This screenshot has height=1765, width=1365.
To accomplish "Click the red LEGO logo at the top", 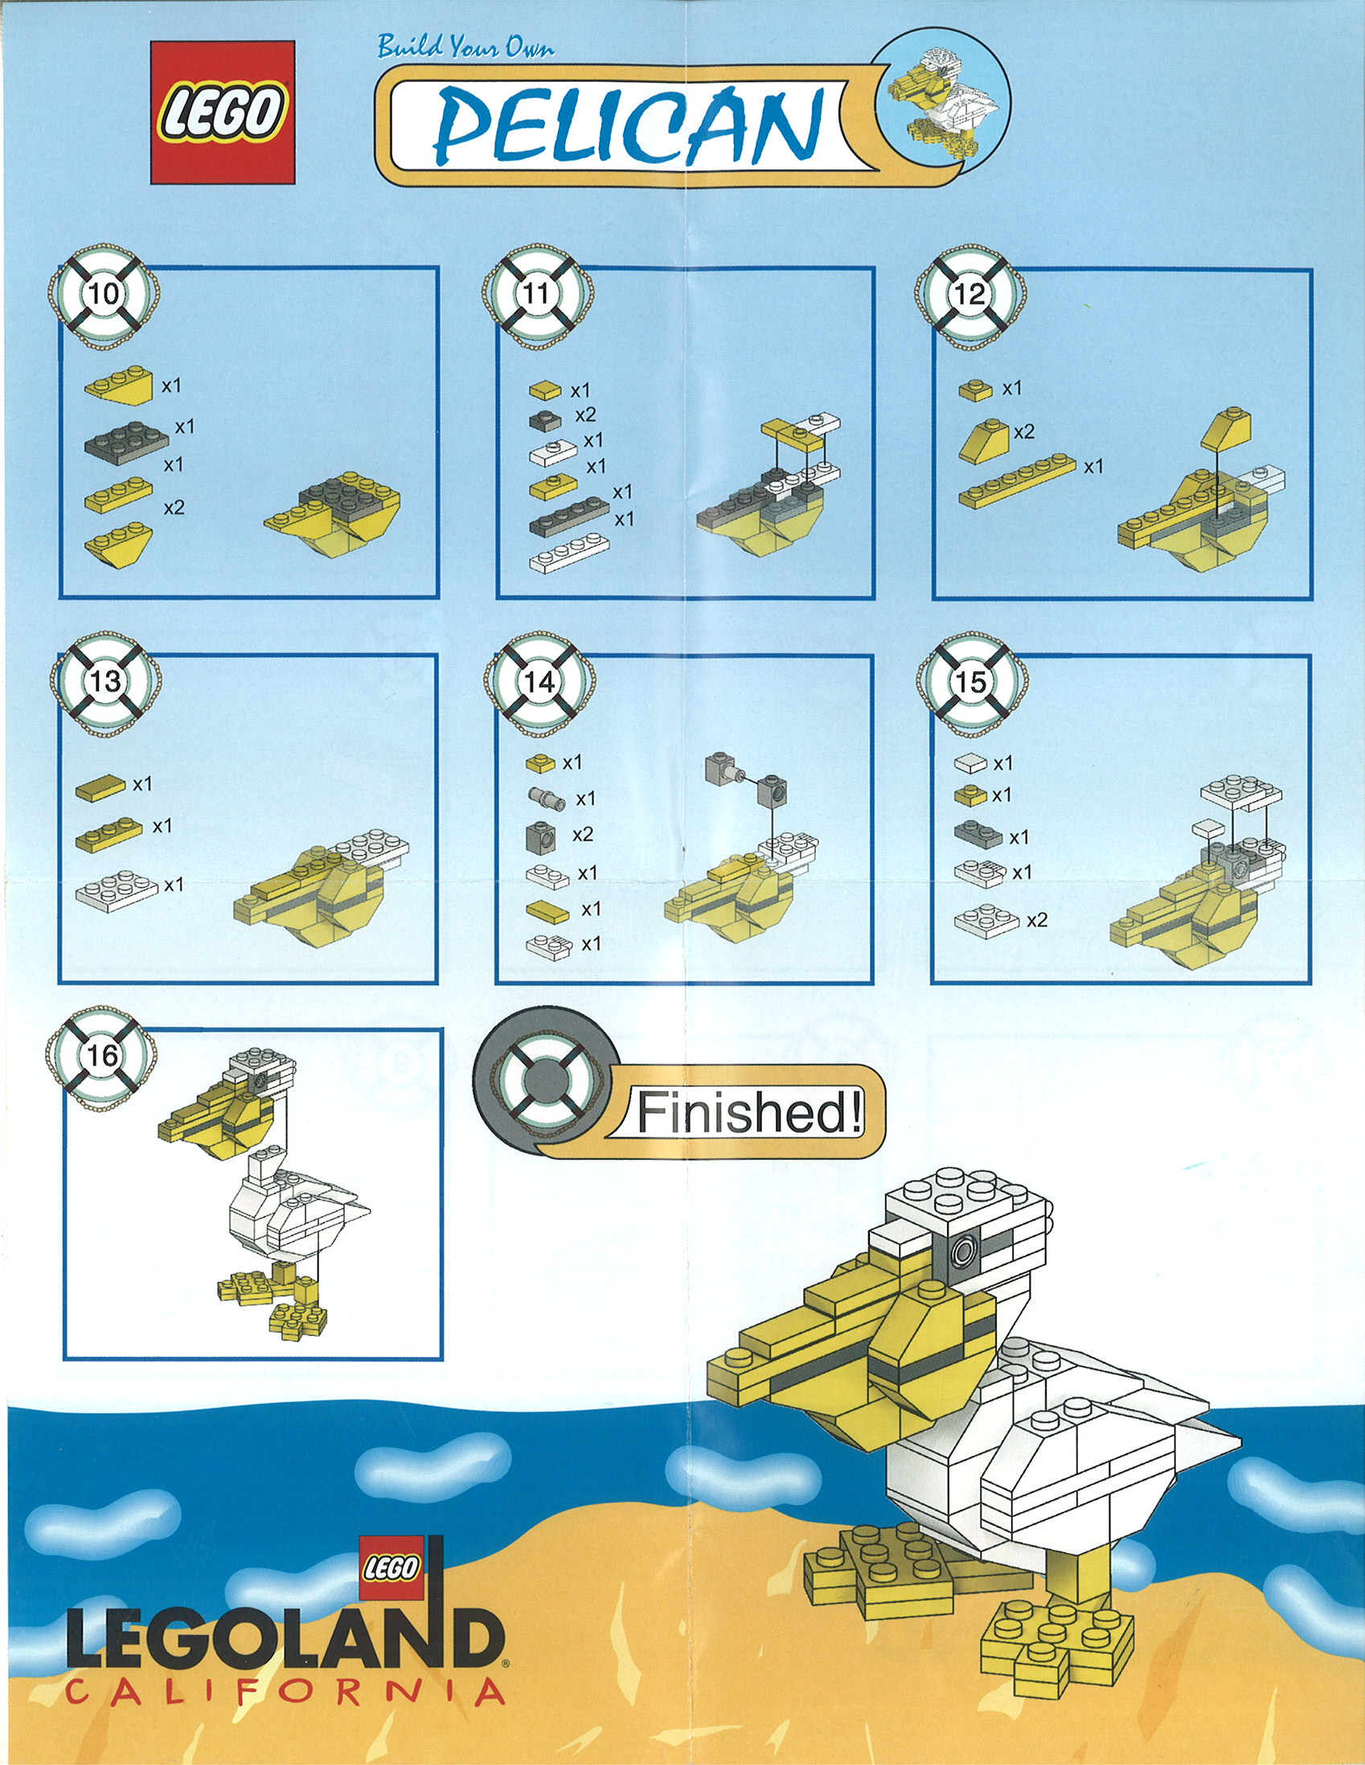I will tap(223, 112).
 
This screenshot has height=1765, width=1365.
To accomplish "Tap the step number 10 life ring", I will tap(105, 294).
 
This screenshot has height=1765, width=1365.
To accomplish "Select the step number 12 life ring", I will tap(969, 294).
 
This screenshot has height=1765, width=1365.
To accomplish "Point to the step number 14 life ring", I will tap(539, 682).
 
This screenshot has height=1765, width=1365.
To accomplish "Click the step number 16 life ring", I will tap(102, 1056).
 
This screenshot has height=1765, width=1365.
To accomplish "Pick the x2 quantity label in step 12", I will tap(1024, 432).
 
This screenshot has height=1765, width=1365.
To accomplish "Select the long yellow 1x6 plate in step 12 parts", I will tap(1017, 480).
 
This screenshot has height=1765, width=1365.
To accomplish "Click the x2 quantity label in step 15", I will tap(1037, 921).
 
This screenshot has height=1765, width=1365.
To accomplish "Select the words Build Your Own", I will tap(465, 48).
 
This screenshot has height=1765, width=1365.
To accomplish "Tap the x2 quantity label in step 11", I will tap(585, 415).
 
